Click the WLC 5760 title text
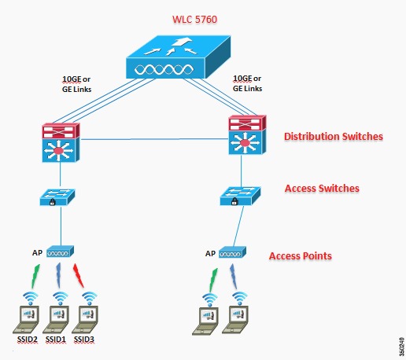[x=194, y=20]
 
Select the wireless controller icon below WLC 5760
[x=179, y=57]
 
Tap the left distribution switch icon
[x=61, y=142]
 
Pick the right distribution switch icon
[x=247, y=134]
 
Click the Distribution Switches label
[x=334, y=137]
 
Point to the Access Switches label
[x=322, y=189]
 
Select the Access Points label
[x=301, y=256]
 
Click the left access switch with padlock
[x=57, y=197]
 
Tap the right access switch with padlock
[x=240, y=196]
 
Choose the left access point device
[x=60, y=252]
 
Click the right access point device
[x=232, y=252]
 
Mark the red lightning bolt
[x=78, y=275]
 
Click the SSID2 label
[x=28, y=340]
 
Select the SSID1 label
[x=56, y=340]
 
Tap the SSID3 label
[x=84, y=340]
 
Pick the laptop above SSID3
[x=85, y=319]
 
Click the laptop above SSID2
[x=26, y=319]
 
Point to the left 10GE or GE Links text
[x=76, y=84]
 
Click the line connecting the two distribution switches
[x=154, y=139]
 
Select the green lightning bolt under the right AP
[x=213, y=280]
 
